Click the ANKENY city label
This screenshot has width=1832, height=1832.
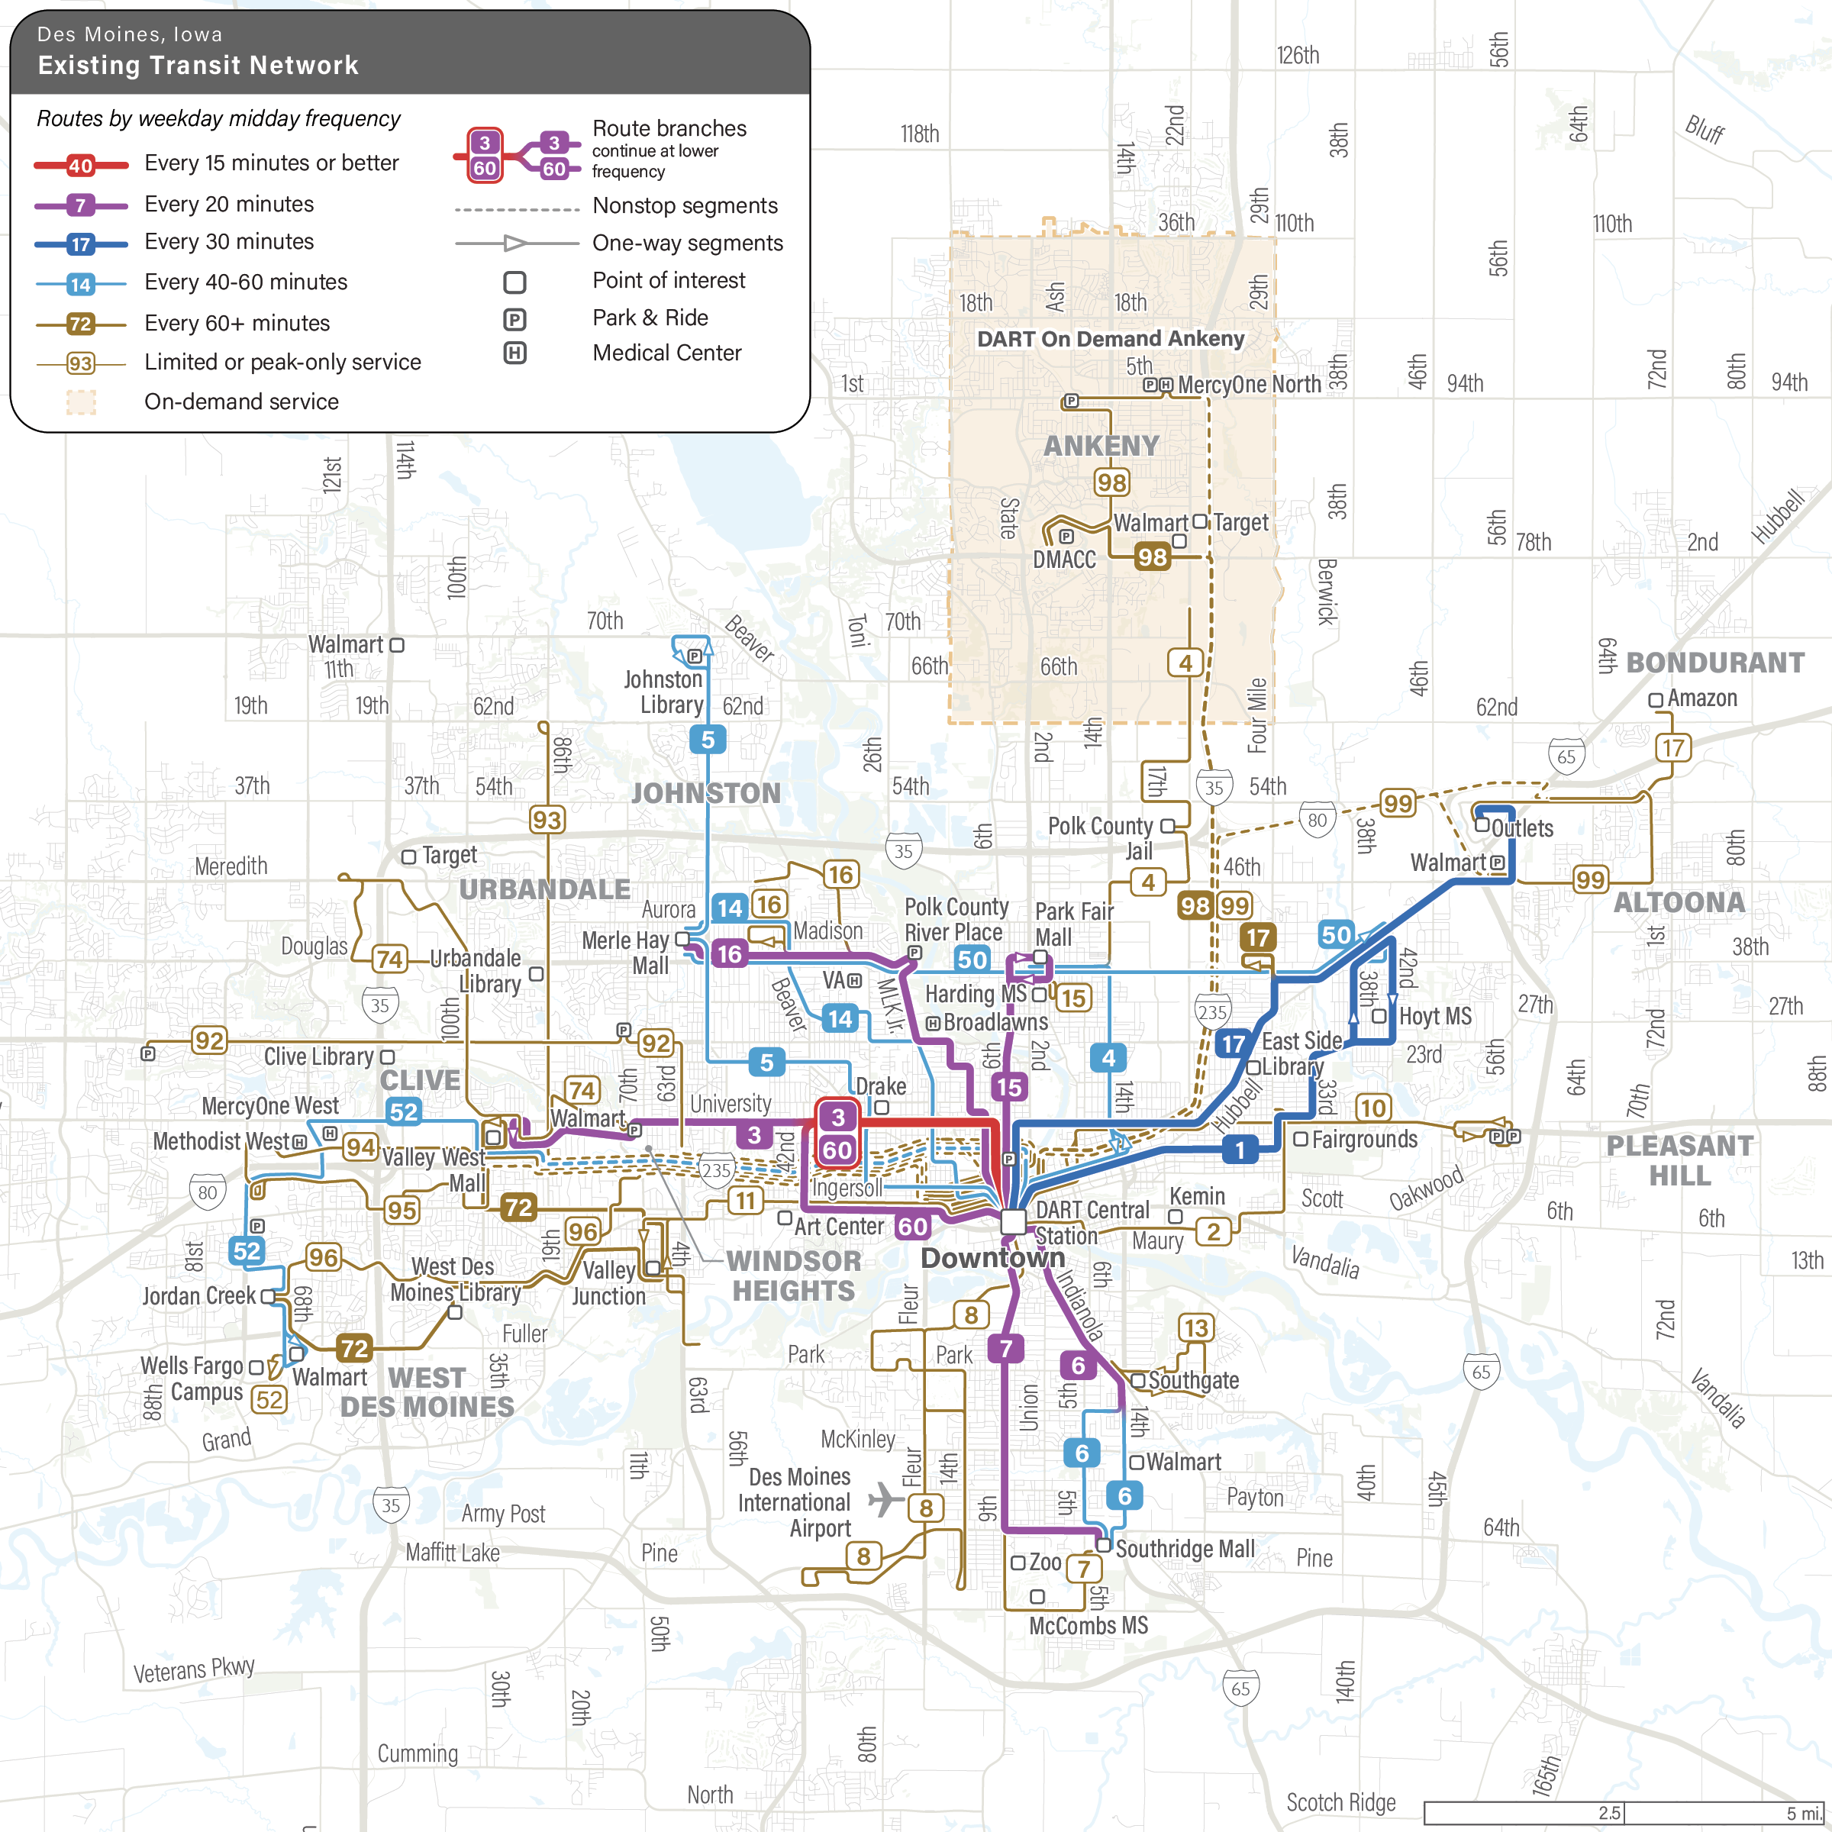[x=1101, y=446]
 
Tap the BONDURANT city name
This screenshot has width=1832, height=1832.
[x=1714, y=663]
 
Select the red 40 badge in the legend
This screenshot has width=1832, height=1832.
[x=81, y=166]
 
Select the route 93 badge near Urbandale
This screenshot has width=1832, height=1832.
[x=547, y=819]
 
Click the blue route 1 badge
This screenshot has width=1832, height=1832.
[x=1240, y=1150]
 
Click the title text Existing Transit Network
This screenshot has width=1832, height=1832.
[x=198, y=66]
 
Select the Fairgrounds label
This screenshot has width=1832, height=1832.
[x=1363, y=1139]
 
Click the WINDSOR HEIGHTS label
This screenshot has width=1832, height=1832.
[x=794, y=1276]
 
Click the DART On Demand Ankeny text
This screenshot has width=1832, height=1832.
[x=1111, y=338]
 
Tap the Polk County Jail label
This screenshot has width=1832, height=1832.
[x=1100, y=838]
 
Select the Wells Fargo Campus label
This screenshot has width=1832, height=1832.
[x=192, y=1379]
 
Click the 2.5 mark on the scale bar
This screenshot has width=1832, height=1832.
[x=1609, y=1813]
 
